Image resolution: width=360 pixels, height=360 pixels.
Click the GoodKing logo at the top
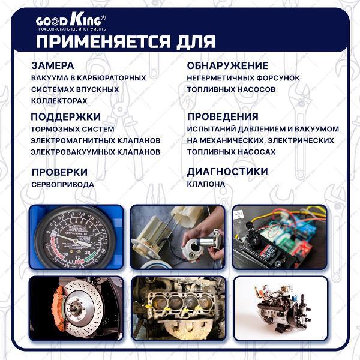click(71, 22)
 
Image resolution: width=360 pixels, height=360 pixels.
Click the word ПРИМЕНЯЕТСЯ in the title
click(103, 42)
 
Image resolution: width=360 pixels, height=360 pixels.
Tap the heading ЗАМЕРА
click(53, 65)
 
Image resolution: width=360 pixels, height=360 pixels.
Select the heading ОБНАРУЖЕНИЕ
click(227, 65)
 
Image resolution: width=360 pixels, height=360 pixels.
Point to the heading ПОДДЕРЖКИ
click(65, 116)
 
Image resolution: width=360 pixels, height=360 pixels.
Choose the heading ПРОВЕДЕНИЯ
click(223, 116)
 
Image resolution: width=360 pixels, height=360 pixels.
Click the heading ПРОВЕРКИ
click(59, 172)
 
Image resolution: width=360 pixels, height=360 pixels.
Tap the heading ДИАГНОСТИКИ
click(227, 172)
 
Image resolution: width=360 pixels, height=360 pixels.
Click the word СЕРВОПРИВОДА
click(62, 185)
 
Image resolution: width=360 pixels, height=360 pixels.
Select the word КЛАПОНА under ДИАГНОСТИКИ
click(206, 184)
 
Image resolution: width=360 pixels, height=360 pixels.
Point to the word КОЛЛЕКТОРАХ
click(59, 101)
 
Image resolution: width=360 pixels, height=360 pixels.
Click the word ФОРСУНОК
click(278, 78)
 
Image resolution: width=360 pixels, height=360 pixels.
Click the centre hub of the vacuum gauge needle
click(75, 241)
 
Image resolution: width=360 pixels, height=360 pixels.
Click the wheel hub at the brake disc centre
click(75, 310)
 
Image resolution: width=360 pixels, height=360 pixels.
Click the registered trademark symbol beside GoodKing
click(103, 18)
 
